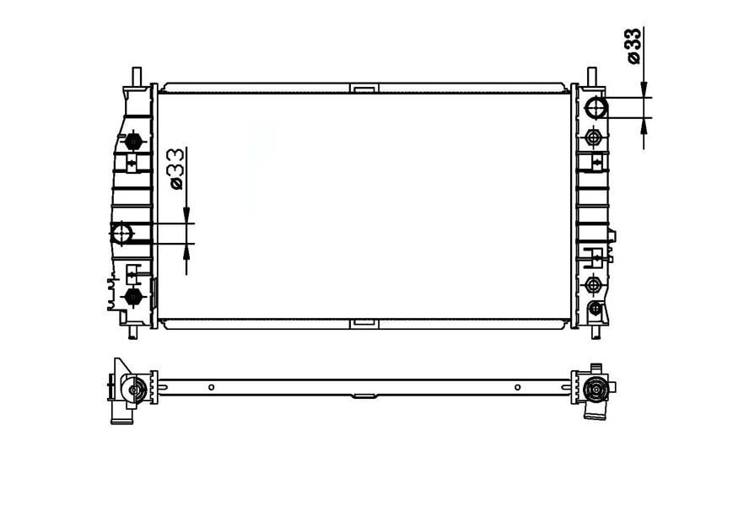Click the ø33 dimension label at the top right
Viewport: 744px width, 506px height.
pos(634,46)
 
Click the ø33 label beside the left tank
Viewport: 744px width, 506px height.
pos(176,169)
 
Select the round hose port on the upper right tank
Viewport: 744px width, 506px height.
pos(596,108)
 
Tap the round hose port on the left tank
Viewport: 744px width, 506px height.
pos(122,234)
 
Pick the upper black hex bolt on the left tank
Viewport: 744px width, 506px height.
pos(133,142)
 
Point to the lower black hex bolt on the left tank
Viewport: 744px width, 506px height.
pos(133,297)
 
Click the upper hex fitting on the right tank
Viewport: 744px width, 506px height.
pos(592,137)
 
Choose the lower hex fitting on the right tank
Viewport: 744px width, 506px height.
pos(592,285)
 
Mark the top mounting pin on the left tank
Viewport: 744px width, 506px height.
pos(137,77)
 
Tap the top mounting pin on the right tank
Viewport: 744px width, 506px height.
pos(592,77)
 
